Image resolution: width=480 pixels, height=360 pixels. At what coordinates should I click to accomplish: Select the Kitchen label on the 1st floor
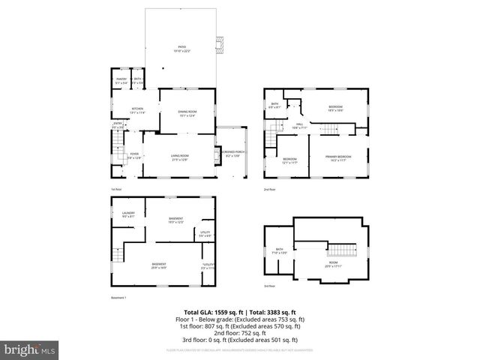(138, 110)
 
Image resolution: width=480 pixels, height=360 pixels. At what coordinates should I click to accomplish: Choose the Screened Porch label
(230, 153)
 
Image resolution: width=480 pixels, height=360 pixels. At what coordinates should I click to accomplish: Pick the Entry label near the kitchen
(118, 125)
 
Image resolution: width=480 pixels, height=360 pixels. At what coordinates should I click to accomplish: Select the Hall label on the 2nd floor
(298, 126)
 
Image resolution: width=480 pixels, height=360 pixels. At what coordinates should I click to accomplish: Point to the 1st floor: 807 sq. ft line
(240, 326)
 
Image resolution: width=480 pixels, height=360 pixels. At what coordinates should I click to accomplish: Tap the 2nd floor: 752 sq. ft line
(240, 333)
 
